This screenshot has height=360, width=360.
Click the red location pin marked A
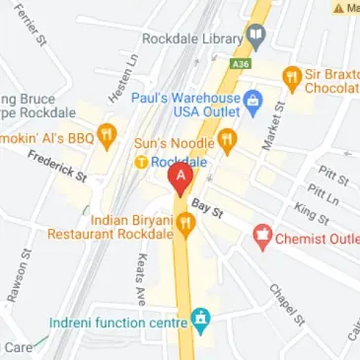tap(180, 179)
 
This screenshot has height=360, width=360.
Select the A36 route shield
tap(241, 63)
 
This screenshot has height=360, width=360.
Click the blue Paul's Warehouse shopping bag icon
tap(252, 99)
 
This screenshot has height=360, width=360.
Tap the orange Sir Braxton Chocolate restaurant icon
tap(292, 76)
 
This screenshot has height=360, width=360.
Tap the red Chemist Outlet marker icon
tap(262, 235)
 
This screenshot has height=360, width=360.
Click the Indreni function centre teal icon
tap(201, 321)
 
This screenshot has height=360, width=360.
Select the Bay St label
tap(208, 207)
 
